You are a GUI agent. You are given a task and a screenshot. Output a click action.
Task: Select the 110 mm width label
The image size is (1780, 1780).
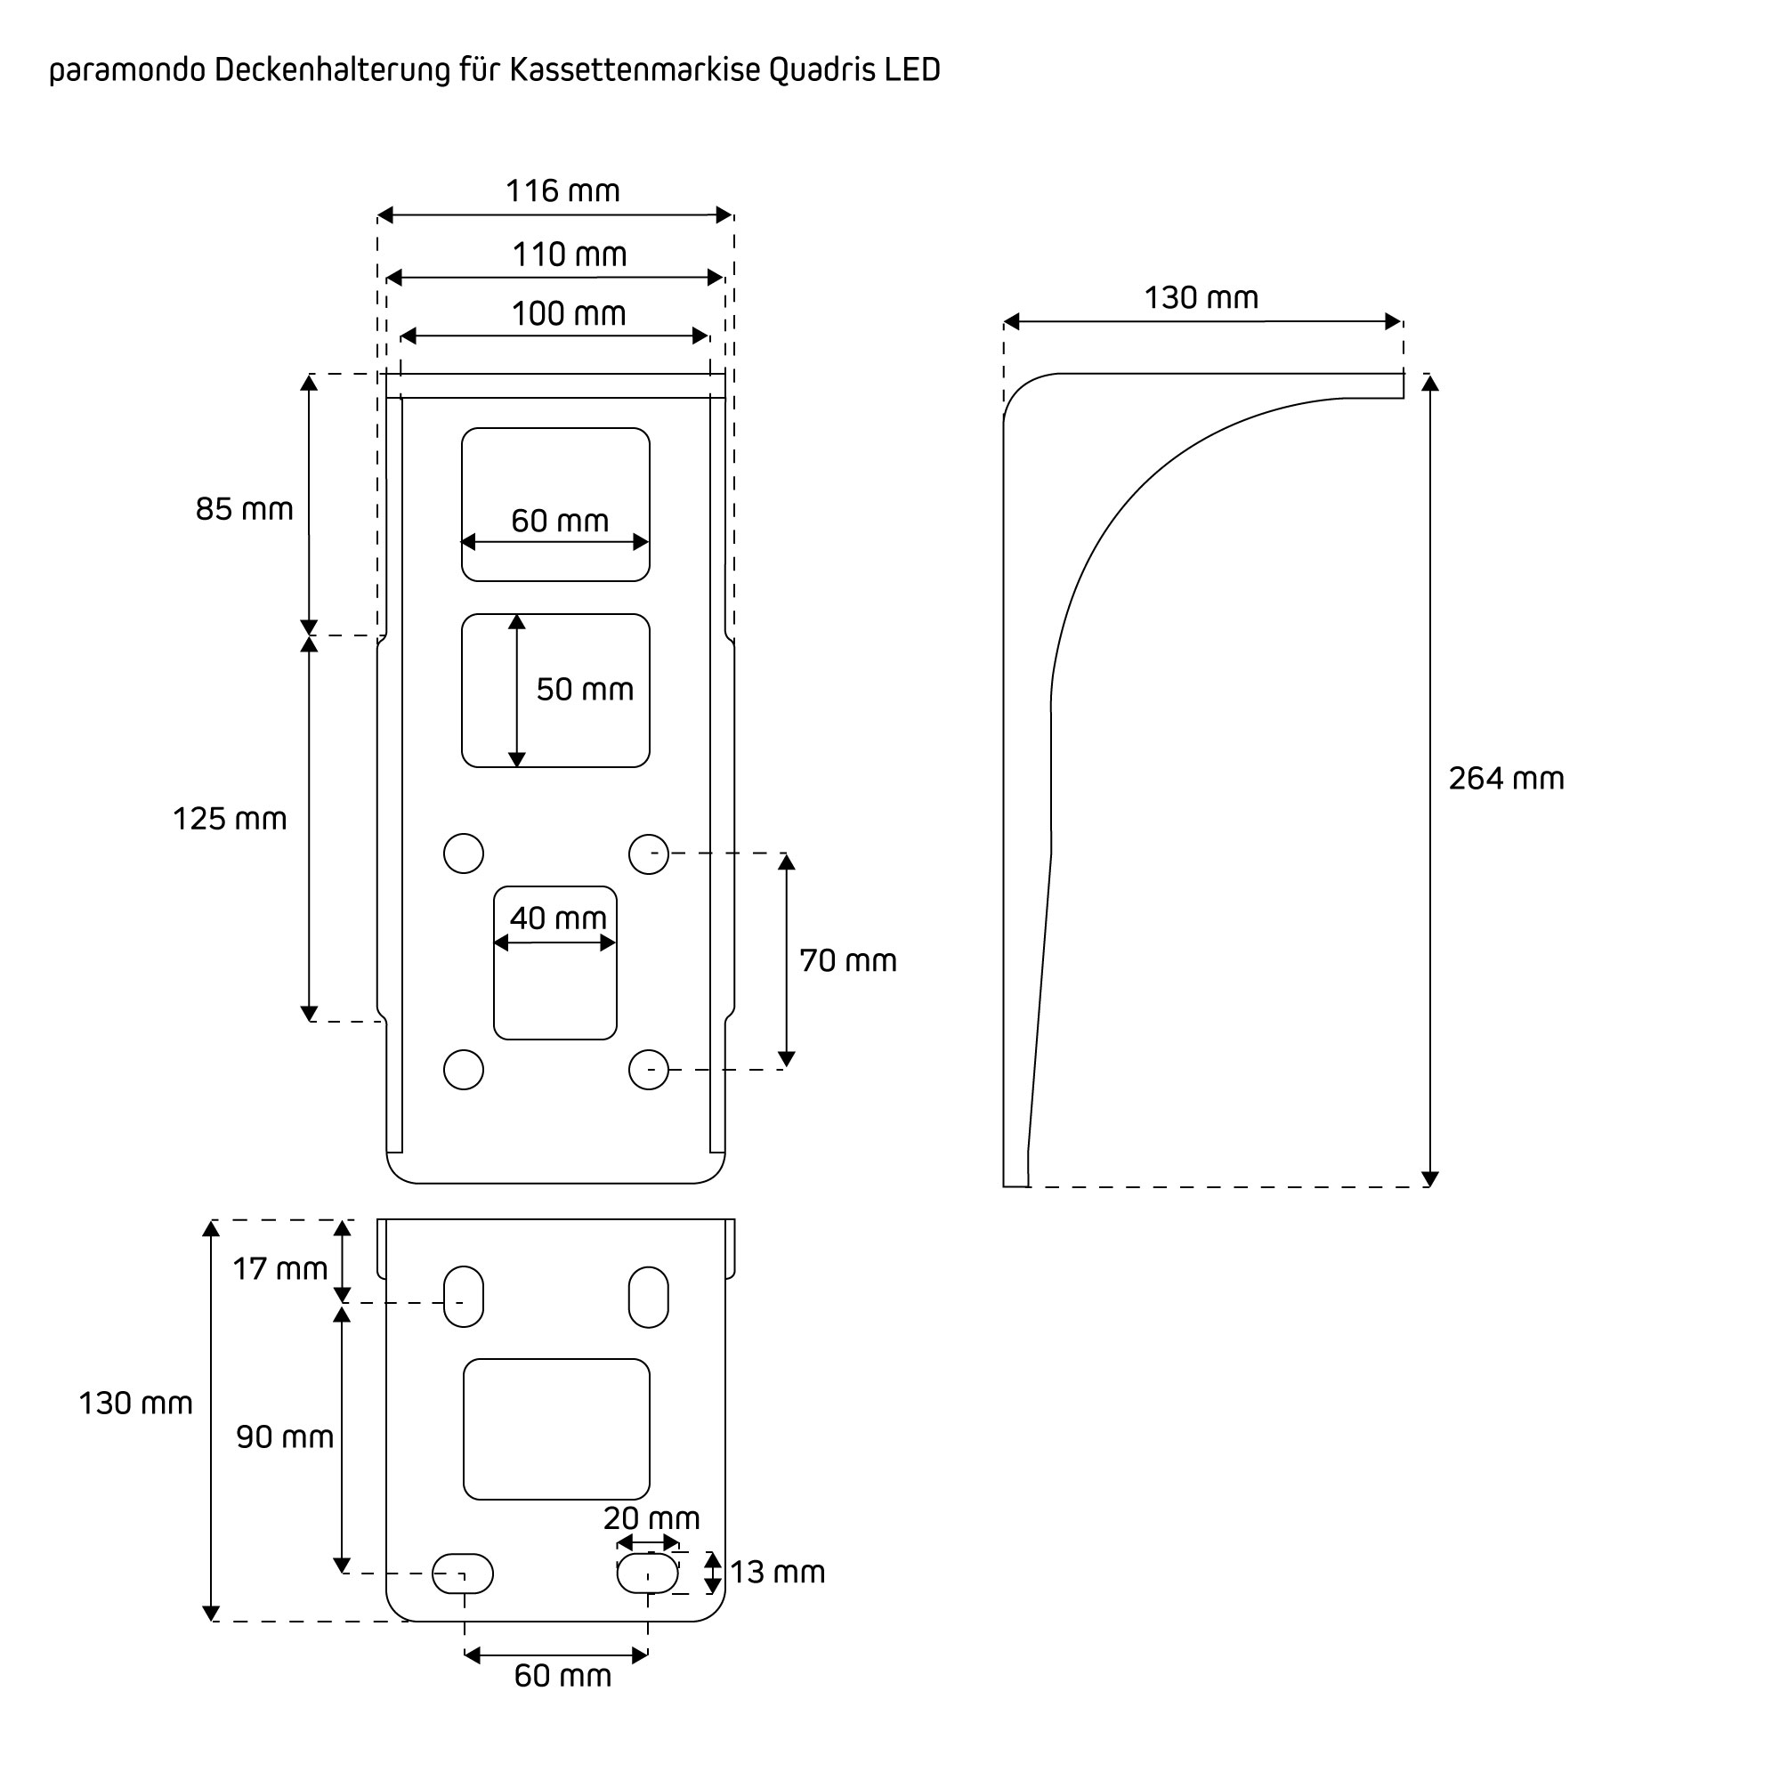coord(570,255)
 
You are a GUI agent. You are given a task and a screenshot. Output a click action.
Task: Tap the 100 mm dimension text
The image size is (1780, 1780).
coord(569,314)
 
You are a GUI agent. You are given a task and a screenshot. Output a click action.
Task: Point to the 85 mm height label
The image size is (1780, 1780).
coord(244,508)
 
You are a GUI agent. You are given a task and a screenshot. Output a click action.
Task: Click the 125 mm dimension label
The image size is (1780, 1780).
coord(230,818)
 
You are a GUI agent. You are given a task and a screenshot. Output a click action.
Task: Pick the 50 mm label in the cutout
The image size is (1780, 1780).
coord(585,689)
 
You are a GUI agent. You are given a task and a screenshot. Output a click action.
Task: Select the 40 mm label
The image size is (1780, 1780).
coord(557,918)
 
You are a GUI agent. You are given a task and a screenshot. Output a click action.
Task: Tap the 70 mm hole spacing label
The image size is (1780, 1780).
coord(847,960)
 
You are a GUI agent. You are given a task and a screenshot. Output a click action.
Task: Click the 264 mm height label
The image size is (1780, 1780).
coord(1507,779)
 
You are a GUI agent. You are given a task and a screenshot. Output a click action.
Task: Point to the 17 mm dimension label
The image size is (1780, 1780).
coord(280,1268)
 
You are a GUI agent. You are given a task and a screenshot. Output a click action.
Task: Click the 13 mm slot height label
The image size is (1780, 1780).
coord(778,1572)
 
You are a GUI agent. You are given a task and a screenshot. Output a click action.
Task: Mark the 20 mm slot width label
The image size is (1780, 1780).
coord(651,1517)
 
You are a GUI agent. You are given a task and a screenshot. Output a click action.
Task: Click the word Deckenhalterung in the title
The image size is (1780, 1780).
coord(333,70)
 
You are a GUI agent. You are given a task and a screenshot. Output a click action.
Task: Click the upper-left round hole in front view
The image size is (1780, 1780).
coord(464,854)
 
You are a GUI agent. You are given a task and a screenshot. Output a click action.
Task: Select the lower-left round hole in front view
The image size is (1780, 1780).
coord(464,1070)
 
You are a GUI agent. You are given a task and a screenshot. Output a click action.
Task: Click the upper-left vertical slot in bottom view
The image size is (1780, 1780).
coord(464,1297)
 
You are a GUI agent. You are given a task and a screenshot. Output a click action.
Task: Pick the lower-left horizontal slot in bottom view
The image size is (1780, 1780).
coord(463,1573)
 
